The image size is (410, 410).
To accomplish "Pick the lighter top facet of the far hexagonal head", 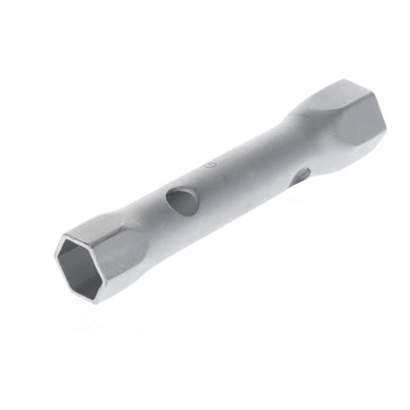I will click(x=324, y=100).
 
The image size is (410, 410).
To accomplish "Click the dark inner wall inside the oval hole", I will click(x=177, y=196).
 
